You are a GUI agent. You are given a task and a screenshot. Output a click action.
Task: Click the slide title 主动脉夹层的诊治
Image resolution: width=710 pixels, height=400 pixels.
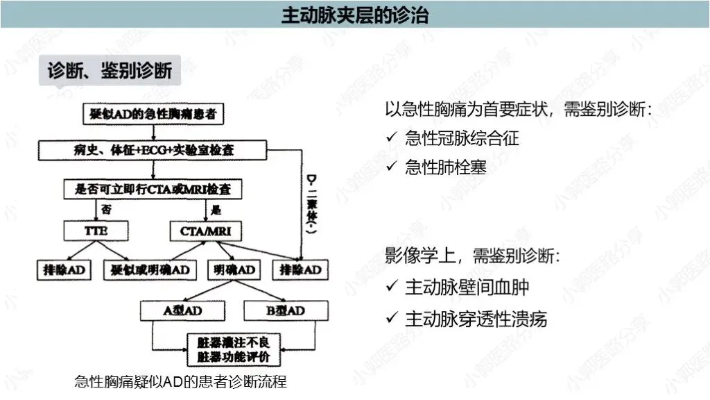(354, 15)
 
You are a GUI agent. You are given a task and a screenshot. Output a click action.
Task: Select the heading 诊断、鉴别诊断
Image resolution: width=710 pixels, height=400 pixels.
(110, 71)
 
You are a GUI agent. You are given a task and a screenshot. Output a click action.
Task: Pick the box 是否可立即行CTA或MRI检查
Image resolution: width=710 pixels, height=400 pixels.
(157, 188)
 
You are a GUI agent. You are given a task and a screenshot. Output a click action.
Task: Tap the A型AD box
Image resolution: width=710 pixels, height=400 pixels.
(182, 310)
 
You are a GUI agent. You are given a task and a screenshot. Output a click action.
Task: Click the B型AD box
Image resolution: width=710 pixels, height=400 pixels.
(285, 310)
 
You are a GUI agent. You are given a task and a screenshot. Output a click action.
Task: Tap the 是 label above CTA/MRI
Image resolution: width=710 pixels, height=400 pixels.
(216, 209)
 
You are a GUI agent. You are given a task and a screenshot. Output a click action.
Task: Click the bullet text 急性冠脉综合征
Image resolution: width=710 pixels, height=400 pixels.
(462, 137)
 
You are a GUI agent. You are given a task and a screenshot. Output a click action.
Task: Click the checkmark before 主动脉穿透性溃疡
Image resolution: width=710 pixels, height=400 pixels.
(392, 319)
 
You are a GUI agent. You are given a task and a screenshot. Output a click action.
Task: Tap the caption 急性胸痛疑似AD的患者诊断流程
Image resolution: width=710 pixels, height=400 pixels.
(180, 382)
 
